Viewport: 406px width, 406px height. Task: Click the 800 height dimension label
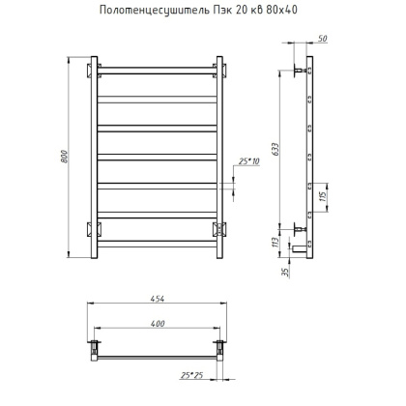(x=65, y=157)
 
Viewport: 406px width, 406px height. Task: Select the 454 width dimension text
(x=158, y=299)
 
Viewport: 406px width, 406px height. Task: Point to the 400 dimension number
(x=158, y=324)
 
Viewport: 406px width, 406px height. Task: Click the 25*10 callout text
(x=249, y=161)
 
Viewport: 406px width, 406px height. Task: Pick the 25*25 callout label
(x=192, y=375)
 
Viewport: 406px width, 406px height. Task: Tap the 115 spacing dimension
(x=324, y=195)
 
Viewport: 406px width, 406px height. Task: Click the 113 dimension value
(x=275, y=242)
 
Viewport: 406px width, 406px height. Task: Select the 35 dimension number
(x=285, y=273)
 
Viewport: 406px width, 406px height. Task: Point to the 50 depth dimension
(x=322, y=39)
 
